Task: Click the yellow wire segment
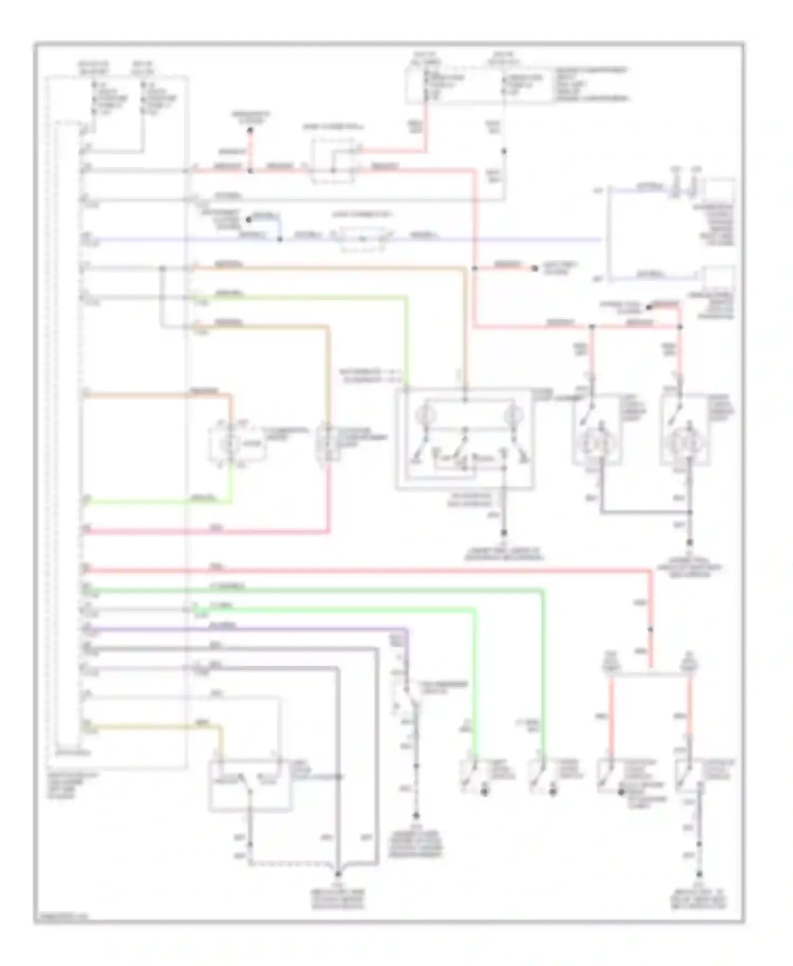tap(153, 728)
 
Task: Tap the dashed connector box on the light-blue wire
tap(364, 239)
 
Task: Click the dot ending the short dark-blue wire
tap(248, 219)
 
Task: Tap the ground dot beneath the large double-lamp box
tap(504, 533)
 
